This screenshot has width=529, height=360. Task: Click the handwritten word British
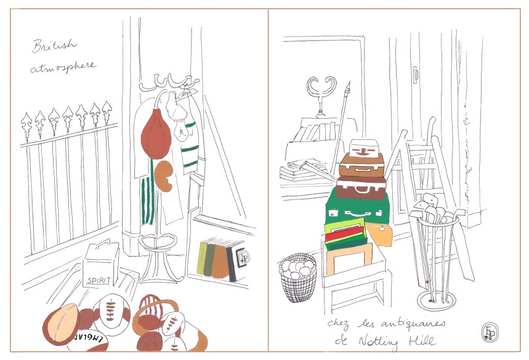(x=55, y=46)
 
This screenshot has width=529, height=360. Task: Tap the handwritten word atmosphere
(x=63, y=66)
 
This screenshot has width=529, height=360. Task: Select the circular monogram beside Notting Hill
(x=488, y=332)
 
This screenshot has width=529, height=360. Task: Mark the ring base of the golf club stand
(x=437, y=300)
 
